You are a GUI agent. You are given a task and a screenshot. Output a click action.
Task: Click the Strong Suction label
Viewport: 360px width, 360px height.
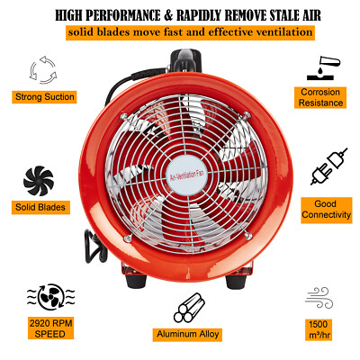(x=44, y=97)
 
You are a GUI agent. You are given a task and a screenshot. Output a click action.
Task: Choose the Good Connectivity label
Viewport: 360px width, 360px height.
(x=320, y=211)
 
